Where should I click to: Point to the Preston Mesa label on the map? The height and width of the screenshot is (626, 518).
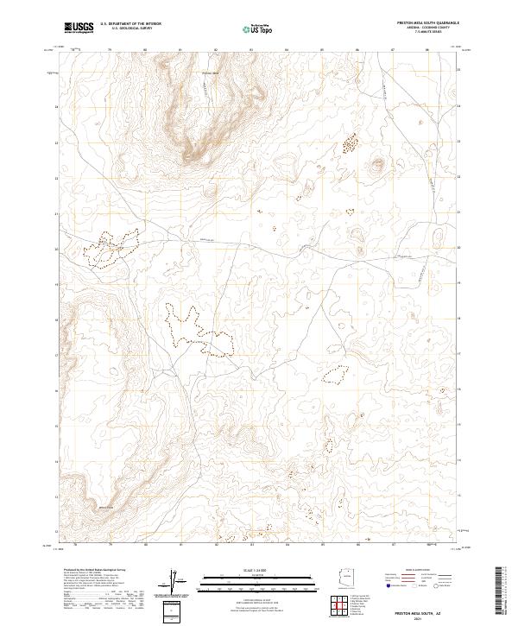tap(212, 73)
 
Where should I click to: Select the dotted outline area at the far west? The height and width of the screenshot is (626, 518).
tap(110, 247)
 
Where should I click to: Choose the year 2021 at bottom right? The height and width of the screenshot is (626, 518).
tap(404, 617)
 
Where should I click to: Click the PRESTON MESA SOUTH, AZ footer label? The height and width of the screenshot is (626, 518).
tap(404, 610)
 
